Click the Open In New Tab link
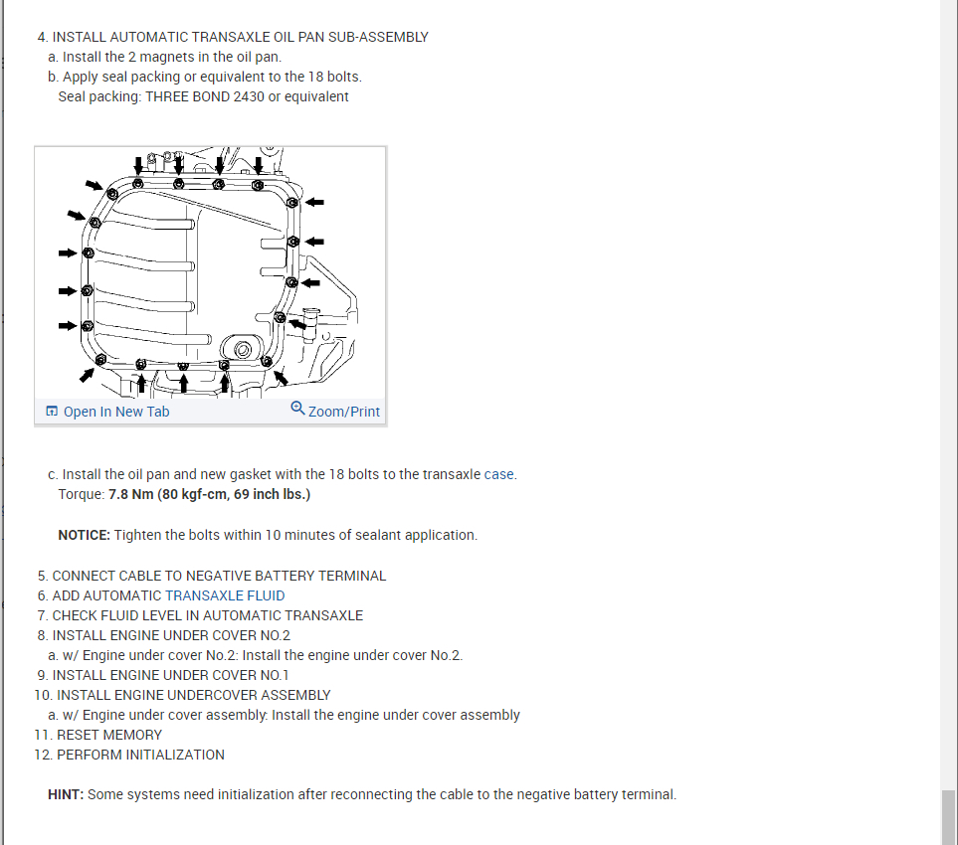(115, 412)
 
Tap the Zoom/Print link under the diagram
(344, 412)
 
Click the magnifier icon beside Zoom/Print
(297, 409)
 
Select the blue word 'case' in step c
(499, 474)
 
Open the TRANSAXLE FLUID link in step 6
(225, 595)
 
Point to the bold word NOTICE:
(84, 535)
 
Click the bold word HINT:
(66, 794)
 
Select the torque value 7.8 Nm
(131, 494)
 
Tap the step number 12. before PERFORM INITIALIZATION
(43, 755)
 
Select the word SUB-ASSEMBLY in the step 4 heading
(384, 37)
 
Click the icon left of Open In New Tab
(52, 412)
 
